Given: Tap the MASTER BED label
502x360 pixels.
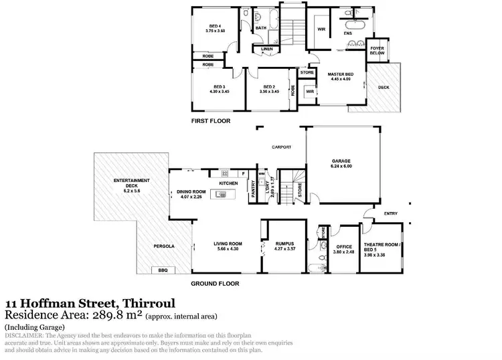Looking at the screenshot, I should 339,74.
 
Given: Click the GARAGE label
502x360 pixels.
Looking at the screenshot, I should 342,161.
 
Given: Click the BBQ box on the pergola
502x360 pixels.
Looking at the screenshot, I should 163,270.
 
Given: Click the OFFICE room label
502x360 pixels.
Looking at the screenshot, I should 343,247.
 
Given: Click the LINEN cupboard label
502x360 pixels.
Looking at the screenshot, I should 266,49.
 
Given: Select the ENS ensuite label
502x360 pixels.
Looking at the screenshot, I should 348,33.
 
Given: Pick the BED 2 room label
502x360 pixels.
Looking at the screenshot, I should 269,87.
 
